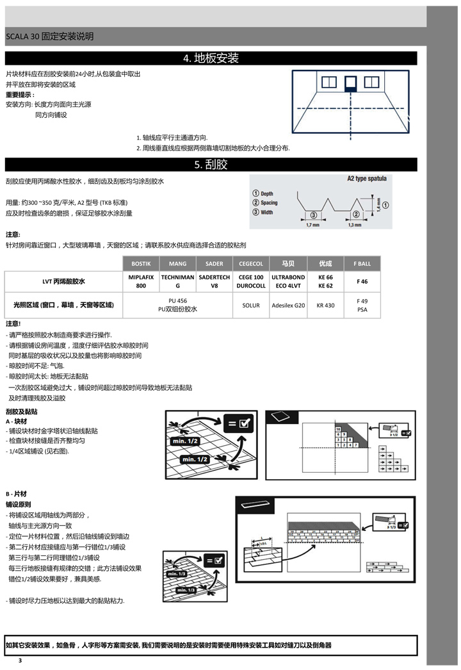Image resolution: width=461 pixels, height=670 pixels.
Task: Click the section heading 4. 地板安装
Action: click(211, 59)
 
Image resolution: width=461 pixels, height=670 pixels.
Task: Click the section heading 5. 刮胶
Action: click(211, 165)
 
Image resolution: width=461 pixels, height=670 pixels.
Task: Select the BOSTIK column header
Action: click(140, 263)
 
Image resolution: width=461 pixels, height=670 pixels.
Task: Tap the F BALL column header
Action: click(362, 263)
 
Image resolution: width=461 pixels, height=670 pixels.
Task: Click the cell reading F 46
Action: click(362, 281)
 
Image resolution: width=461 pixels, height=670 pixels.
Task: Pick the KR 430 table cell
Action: click(325, 306)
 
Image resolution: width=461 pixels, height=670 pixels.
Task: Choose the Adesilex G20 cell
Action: click(288, 306)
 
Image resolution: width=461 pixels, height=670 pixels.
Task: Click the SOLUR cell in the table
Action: click(251, 306)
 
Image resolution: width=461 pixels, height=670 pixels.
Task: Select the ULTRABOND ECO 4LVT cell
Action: click(288, 281)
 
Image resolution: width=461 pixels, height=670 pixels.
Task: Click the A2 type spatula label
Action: click(366, 179)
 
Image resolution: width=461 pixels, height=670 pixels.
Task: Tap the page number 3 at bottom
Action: click(20, 660)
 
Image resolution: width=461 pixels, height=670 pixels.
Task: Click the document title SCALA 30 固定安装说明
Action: click(49, 37)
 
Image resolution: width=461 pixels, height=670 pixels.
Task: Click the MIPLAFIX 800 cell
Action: click(140, 281)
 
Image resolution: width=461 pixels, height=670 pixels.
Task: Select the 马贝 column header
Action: click(288, 263)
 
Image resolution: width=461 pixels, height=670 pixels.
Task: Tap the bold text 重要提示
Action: click(20, 94)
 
